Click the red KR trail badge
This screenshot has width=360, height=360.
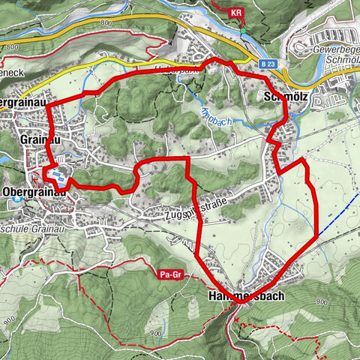tap(237, 13)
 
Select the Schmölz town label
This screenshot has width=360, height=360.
tap(283, 97)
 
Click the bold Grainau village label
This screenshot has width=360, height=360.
tap(39, 139)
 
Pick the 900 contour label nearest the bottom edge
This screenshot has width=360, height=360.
tap(155, 332)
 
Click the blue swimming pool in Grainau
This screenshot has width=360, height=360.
tap(55, 175)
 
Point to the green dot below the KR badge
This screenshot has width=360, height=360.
tap(243, 31)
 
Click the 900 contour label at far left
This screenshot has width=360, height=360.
tap(8, 311)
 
